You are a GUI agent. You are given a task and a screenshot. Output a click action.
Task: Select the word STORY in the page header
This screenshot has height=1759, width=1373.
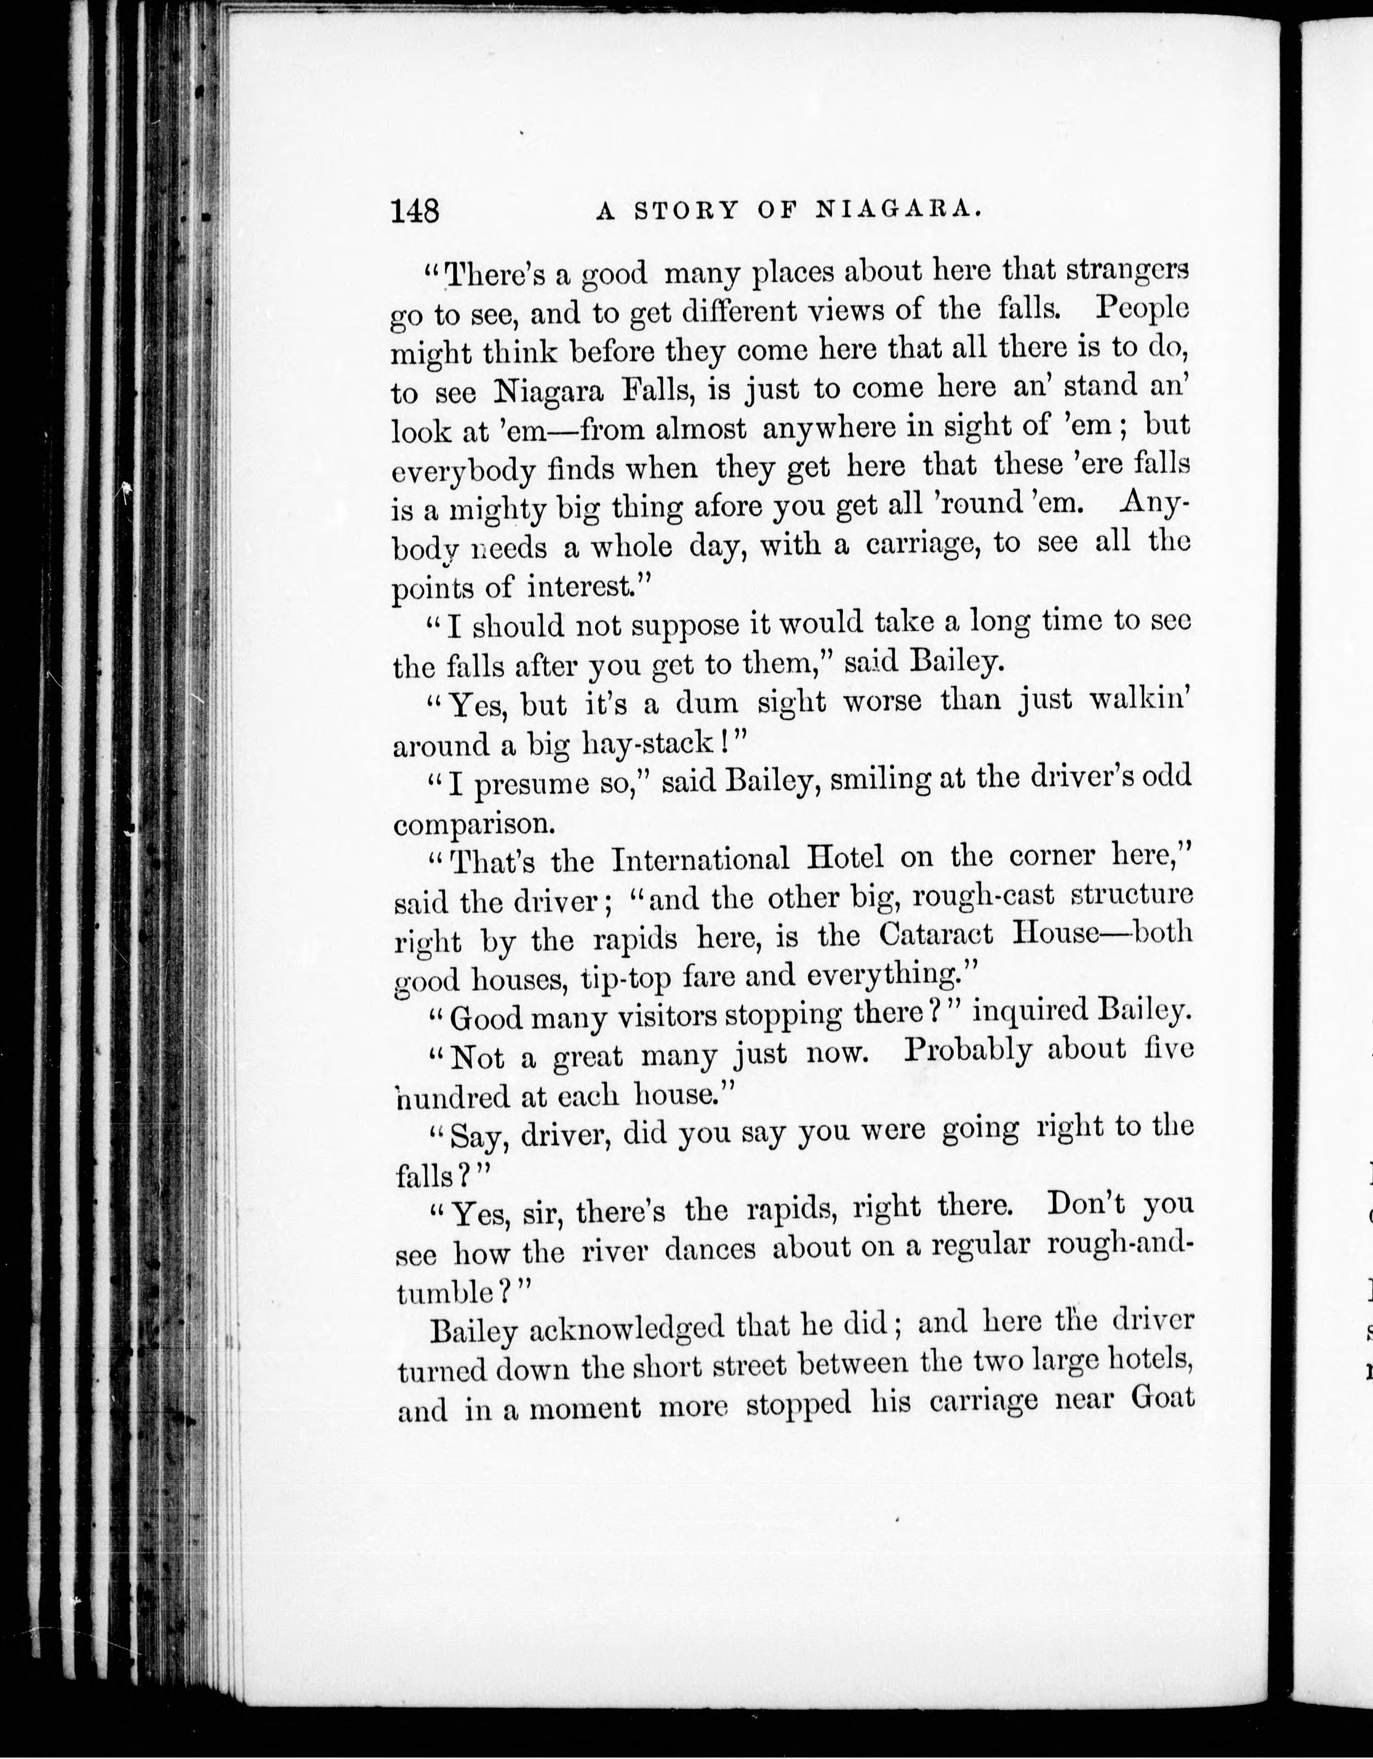pos(686,210)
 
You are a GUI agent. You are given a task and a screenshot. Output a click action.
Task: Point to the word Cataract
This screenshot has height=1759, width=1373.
pos(937,934)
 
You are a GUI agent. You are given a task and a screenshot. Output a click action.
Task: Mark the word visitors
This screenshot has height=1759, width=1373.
pos(667,1017)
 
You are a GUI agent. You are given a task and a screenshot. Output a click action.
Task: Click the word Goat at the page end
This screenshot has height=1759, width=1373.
pos(1160,1402)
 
